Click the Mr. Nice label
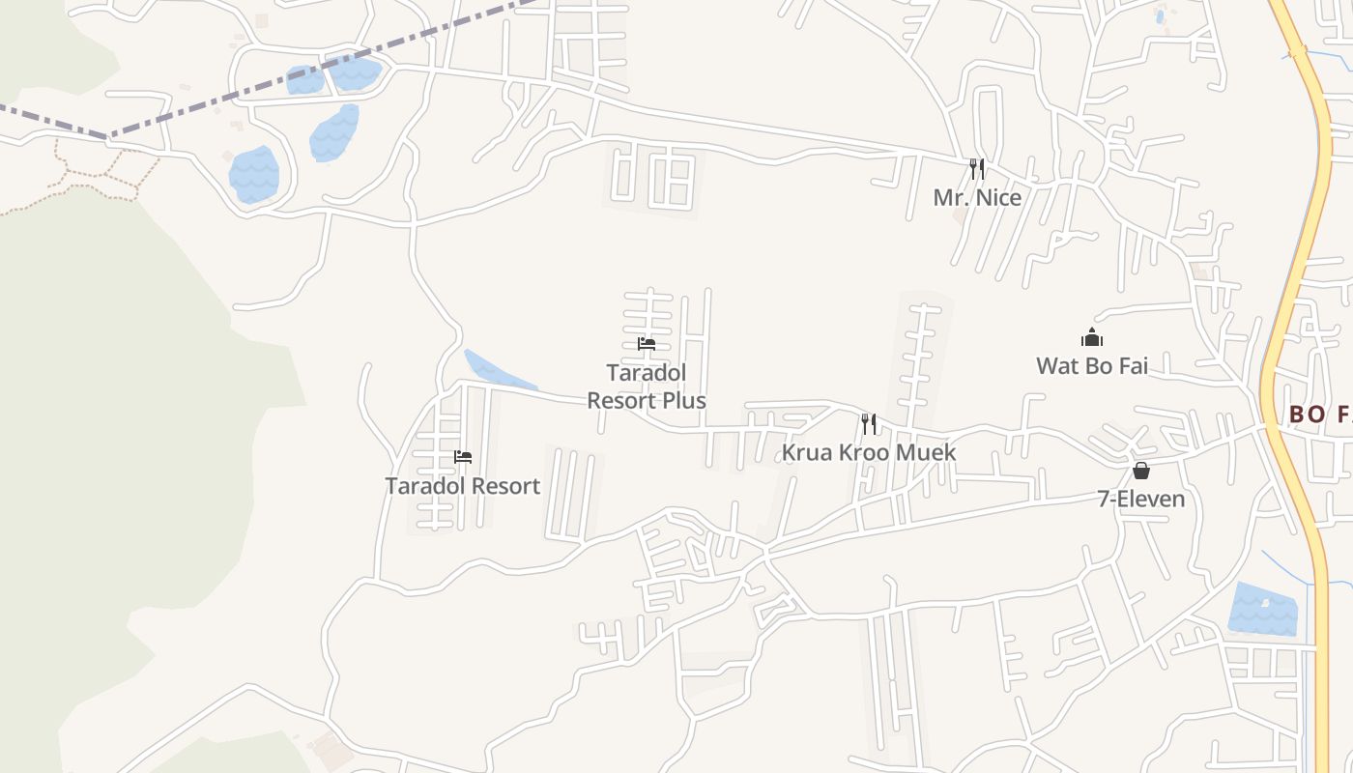coord(977,197)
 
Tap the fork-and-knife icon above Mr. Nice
coord(977,170)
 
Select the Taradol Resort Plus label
coord(647,386)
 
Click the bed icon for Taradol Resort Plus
coord(647,344)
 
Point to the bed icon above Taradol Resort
coord(463,457)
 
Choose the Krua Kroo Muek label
coord(868,452)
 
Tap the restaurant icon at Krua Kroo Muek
coord(869,423)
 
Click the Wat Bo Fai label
coord(1092,366)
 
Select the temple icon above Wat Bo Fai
coord(1092,337)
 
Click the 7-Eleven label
coord(1140,499)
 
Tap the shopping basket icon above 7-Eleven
coord(1141,471)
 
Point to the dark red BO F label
coord(1320,415)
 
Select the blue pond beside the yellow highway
coord(1261,609)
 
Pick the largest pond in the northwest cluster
coord(254,174)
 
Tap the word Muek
coord(924,452)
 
